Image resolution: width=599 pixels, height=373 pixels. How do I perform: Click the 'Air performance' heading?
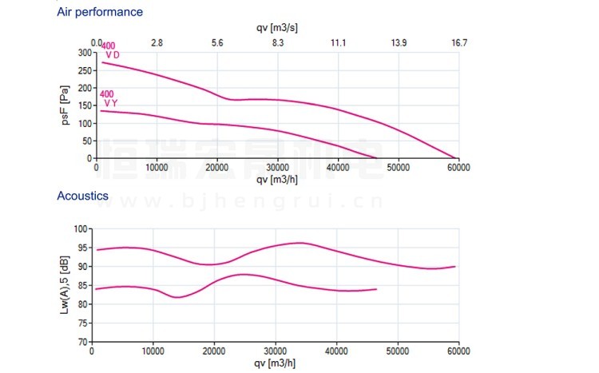pyautogui.click(x=100, y=12)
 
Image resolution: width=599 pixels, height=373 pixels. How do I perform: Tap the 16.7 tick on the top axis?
pyautogui.click(x=458, y=42)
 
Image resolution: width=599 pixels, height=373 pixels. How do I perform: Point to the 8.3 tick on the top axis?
pyautogui.click(x=277, y=42)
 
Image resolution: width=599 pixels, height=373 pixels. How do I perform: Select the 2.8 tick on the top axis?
pyautogui.click(x=157, y=42)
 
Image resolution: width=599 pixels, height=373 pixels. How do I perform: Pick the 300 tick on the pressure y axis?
pyautogui.click(x=85, y=53)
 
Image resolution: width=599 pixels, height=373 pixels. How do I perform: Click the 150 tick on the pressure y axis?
pyautogui.click(x=85, y=105)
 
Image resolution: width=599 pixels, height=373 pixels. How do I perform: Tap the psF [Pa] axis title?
pyautogui.click(x=67, y=105)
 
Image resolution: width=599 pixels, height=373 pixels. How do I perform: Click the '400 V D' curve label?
pyautogui.click(x=109, y=50)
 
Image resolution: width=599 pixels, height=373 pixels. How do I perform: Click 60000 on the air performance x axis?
pyautogui.click(x=458, y=168)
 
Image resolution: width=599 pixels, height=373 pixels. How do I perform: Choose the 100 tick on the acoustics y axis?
pyautogui.click(x=82, y=228)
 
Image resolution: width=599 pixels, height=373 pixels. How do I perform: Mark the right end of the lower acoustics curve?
pyautogui.click(x=375, y=289)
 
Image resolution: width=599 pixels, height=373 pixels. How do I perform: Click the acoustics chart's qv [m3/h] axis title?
pyautogui.click(x=276, y=364)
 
